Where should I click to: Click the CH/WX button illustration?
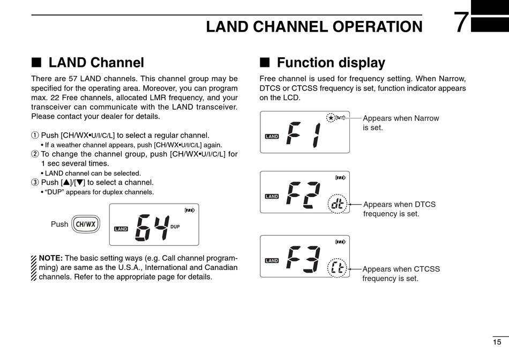pos(85,224)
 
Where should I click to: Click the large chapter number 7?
pos(461,23)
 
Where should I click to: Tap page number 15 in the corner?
pos(497,342)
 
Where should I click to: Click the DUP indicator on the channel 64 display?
pos(175,227)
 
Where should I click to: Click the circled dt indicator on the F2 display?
pos(338,204)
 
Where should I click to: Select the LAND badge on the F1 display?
pos(272,137)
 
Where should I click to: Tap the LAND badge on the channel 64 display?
pos(121,229)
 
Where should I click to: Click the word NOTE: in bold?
pos(51,258)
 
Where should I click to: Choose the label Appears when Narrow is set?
pos(400,123)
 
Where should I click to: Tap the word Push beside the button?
pos(59,224)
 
